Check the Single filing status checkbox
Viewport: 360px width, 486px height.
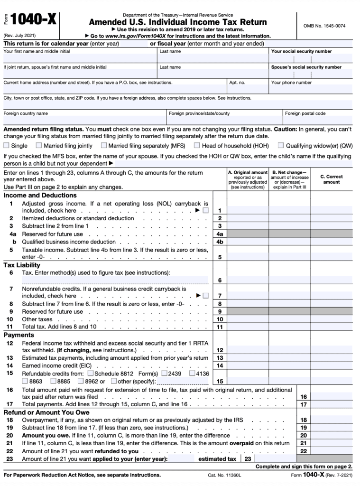pos(6,146)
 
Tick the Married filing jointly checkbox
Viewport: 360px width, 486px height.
pos(39,146)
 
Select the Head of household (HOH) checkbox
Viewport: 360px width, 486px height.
pos(197,146)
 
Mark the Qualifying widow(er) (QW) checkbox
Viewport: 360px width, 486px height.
pos(281,146)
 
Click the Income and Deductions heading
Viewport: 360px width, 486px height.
pos(40,195)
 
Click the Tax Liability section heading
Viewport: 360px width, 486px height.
pos(22,265)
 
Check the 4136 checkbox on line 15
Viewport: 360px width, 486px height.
pos(192,373)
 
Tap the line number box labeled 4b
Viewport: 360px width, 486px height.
pos(220,242)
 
